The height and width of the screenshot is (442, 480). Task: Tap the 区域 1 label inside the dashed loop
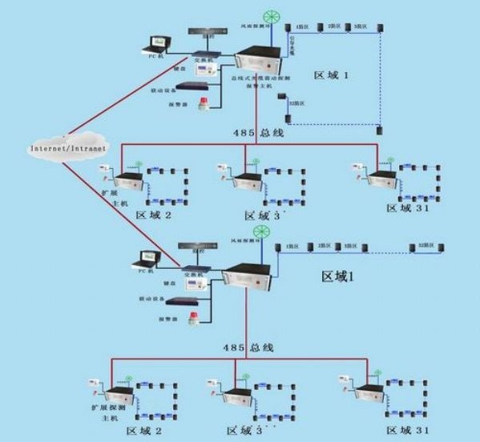[x=332, y=74]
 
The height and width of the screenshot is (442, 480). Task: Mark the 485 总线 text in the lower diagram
[x=248, y=347]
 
